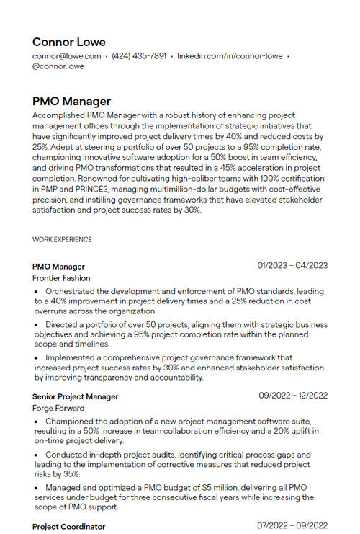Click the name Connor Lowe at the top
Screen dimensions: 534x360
coord(69,42)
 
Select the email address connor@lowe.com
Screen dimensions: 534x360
coord(66,55)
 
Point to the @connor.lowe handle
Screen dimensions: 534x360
coord(58,66)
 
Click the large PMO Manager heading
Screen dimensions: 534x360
coord(71,102)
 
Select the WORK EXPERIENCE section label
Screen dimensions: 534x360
coord(62,239)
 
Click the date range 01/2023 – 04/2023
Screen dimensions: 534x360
coord(292,265)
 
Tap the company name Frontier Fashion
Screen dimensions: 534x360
coord(61,278)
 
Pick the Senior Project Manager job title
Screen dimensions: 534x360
coord(76,396)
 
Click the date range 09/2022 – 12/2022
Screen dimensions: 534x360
coord(293,396)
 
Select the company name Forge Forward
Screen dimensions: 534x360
coord(58,409)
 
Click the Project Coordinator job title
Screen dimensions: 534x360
coord(68,527)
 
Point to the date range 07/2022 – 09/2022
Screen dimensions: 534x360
coord(293,526)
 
